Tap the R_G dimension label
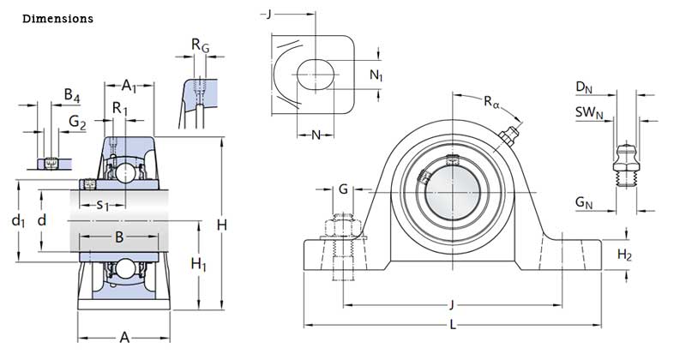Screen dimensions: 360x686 [200, 45]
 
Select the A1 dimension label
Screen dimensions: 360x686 [130, 85]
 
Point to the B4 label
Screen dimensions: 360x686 [72, 95]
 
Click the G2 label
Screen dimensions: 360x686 [77, 123]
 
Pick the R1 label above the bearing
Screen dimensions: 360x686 [121, 109]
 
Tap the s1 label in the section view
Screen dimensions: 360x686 [102, 204]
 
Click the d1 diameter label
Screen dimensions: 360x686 [18, 220]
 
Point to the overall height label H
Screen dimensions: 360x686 [221, 225]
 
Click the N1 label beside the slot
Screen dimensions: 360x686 [376, 75]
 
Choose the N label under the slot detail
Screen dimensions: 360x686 [316, 135]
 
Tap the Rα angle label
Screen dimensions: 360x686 [491, 103]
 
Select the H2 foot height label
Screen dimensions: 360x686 [625, 255]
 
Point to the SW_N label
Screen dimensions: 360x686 [589, 112]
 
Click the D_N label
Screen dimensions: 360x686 [584, 87]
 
